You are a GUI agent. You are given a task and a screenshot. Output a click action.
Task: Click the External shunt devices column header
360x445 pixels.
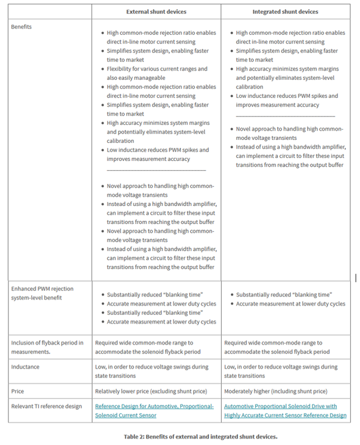[156, 12]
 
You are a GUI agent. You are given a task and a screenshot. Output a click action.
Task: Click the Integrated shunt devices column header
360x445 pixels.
[285, 12]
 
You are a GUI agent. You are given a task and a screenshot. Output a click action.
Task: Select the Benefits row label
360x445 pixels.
[22, 27]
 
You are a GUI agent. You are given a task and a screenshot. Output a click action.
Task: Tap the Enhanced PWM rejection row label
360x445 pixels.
[42, 293]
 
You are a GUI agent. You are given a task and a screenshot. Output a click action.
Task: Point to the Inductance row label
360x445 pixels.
[25, 367]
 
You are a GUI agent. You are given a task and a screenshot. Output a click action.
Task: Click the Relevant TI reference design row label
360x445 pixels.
[47, 406]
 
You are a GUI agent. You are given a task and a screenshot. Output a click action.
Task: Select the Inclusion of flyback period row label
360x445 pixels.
[47, 347]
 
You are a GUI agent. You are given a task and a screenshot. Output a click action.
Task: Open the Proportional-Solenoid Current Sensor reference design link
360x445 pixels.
[154, 411]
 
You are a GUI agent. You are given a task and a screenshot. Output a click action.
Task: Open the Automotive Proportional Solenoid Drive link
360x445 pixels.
[285, 411]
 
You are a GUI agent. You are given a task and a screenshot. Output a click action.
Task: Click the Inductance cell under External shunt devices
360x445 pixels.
[152, 371]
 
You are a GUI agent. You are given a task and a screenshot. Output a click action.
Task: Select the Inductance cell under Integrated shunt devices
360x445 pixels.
[281, 371]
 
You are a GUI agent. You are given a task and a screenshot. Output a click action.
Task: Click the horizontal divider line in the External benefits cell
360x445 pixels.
[156, 170]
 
